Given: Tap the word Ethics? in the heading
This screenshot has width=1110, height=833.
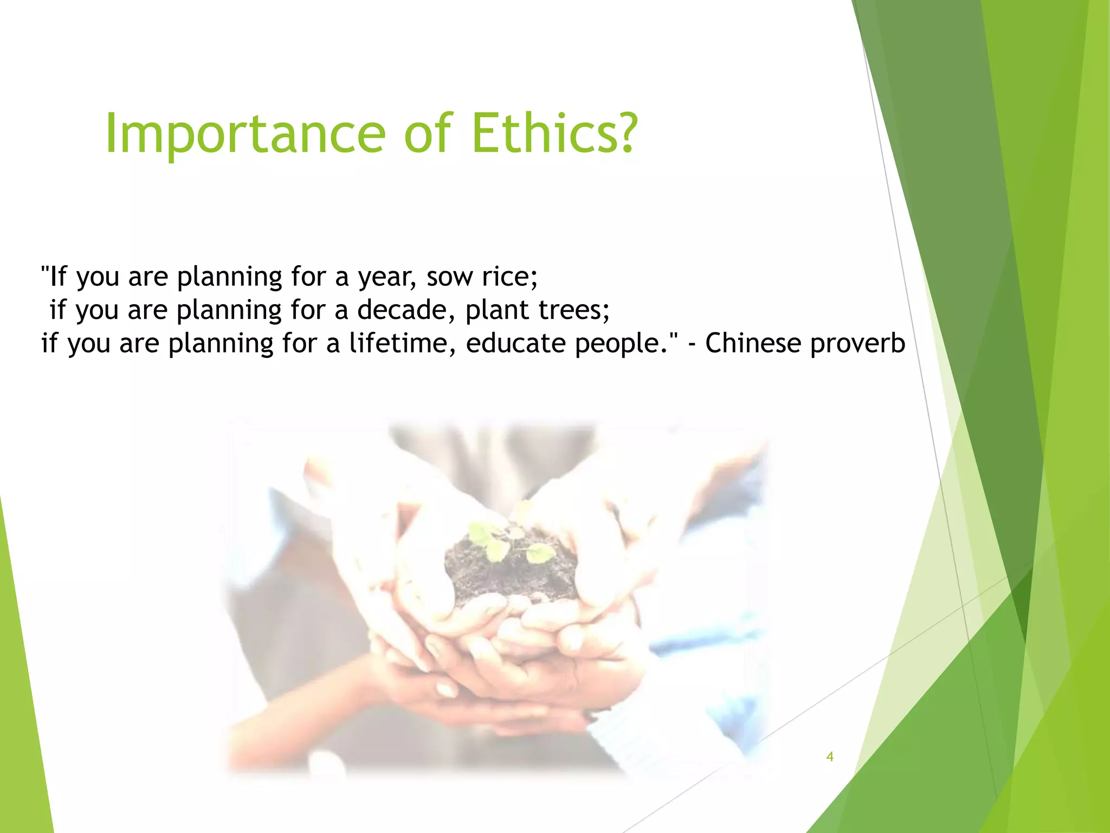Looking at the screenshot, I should pyautogui.click(x=554, y=134).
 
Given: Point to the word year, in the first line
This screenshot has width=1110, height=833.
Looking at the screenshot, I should pyautogui.click(x=387, y=278).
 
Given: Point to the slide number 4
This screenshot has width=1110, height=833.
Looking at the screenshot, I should pyautogui.click(x=829, y=757).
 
